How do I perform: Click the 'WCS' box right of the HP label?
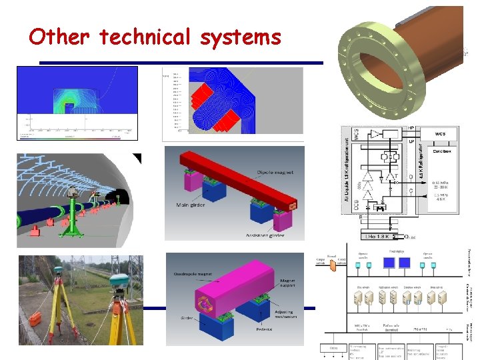[x=439, y=133]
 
